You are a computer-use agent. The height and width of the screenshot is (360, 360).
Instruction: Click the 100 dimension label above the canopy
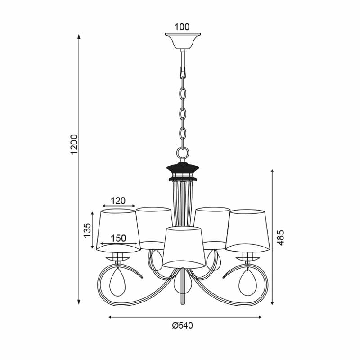click(182, 27)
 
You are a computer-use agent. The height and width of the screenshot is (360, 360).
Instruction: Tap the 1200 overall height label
click(75, 144)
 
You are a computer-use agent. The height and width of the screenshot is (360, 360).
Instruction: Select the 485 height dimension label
click(280, 238)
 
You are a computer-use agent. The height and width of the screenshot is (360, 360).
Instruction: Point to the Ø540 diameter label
click(183, 325)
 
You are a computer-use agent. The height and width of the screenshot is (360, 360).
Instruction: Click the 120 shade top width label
click(118, 201)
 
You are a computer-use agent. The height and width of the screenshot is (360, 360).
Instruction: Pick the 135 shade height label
click(87, 230)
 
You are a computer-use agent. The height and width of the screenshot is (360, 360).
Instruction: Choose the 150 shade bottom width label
click(118, 238)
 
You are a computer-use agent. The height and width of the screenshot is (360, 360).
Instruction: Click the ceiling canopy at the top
click(183, 41)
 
